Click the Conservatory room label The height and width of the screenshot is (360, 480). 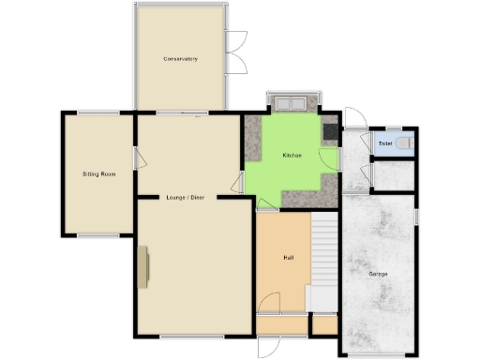pyautogui.click(x=180, y=59)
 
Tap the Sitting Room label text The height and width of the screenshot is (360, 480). pyautogui.click(x=98, y=174)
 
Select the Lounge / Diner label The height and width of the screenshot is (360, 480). pyautogui.click(x=185, y=197)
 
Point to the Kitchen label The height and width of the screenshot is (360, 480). pyautogui.click(x=292, y=155)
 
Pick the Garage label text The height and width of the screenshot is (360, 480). pyautogui.click(x=378, y=274)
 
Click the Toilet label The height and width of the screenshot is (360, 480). pyautogui.click(x=384, y=142)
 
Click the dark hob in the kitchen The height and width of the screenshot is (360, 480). pyautogui.click(x=330, y=132)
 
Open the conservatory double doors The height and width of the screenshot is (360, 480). pyautogui.click(x=235, y=52)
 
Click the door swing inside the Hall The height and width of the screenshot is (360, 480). pyautogui.click(x=269, y=303)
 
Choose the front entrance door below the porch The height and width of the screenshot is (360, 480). pyautogui.click(x=270, y=345)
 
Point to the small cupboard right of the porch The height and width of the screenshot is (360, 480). pyautogui.click(x=324, y=324)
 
